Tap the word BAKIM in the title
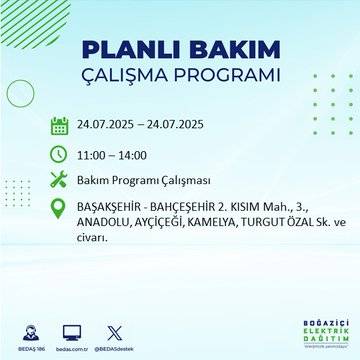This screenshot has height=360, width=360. [x=225, y=50]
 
